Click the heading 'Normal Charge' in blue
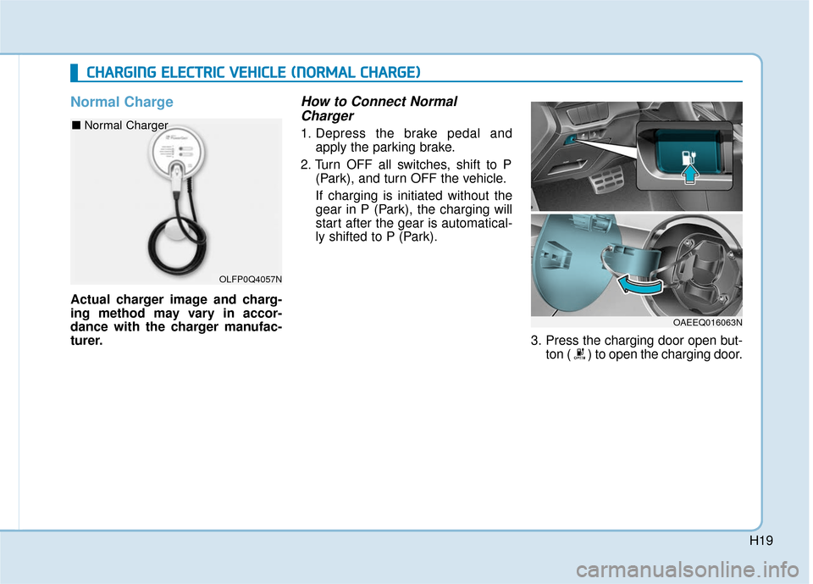click(x=121, y=103)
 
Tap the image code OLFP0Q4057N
click(x=251, y=278)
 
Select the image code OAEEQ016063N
click(x=708, y=322)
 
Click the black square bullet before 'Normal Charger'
click(x=76, y=125)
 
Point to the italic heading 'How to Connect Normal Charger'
click(x=379, y=108)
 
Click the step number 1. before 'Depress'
click(x=307, y=133)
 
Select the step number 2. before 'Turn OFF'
click(x=307, y=164)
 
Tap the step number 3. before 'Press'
click(x=536, y=342)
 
